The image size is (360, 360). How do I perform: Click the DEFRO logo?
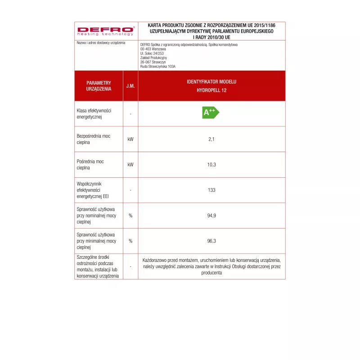click(106, 31)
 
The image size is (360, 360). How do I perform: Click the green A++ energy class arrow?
click(210, 112)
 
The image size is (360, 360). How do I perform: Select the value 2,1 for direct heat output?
click(211, 139)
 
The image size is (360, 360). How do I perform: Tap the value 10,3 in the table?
click(211, 165)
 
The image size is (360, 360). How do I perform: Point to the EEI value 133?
click(211, 190)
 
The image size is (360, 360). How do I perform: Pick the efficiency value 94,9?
click(211, 216)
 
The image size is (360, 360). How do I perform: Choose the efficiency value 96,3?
click(211, 241)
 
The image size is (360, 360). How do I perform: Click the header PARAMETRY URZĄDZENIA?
click(99, 86)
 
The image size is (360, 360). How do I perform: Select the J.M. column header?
click(130, 85)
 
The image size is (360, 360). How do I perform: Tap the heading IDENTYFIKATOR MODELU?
click(211, 82)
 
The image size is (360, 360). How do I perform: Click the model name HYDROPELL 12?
click(211, 90)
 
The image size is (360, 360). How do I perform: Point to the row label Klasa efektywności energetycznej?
click(94, 113)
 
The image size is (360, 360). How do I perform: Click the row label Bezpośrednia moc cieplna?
click(93, 139)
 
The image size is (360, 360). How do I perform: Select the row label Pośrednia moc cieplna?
click(90, 164)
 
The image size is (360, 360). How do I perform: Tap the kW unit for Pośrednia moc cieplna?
click(130, 165)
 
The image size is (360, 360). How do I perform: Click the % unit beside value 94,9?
click(130, 216)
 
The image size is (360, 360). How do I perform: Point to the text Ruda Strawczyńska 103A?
click(157, 66)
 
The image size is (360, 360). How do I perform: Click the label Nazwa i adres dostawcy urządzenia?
click(98, 42)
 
